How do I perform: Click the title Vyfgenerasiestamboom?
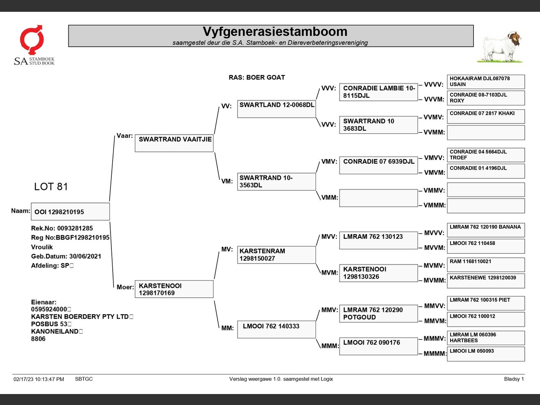coord(275,32)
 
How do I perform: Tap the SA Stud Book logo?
coord(34,45)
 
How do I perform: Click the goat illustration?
coord(501,47)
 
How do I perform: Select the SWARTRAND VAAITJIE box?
coord(174,143)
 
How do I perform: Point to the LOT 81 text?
coord(51,186)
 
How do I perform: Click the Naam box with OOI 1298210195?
coord(70,212)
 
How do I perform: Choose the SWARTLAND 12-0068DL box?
coord(276,109)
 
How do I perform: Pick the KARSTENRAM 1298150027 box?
coord(276,255)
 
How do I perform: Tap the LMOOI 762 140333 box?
coord(276,329)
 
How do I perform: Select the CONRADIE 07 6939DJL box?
coord(378,165)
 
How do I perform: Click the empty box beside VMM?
coord(378,198)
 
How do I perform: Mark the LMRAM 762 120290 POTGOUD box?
coord(378,313)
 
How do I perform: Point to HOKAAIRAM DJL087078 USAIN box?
coord(486,81)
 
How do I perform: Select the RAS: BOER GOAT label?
coord(256,78)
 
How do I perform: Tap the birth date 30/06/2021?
coord(85,256)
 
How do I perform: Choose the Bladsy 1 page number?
coord(513,379)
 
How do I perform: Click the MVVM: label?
coord(434,248)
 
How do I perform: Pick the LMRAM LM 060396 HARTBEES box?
coord(486,337)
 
